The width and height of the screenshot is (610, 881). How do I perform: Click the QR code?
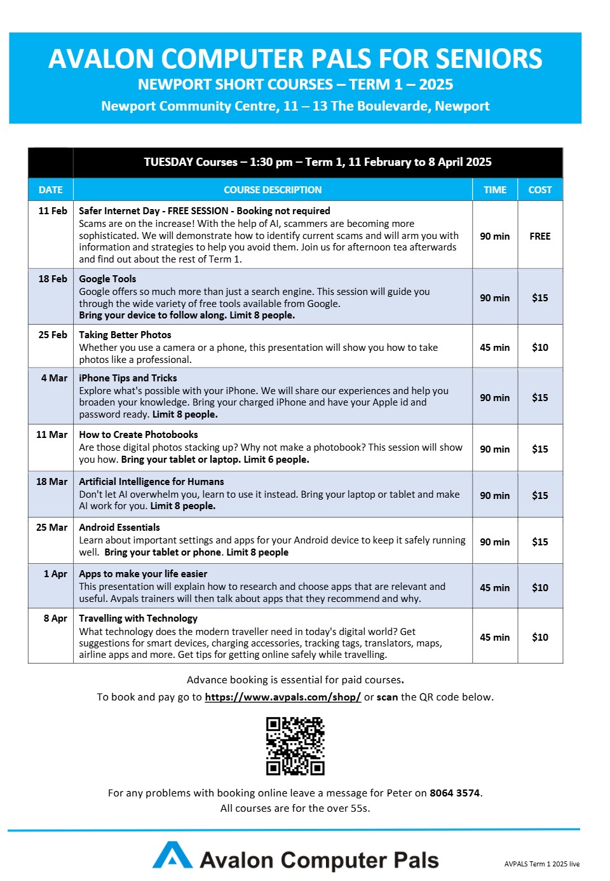click(x=295, y=746)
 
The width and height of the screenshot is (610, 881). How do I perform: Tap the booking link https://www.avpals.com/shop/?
click(x=283, y=697)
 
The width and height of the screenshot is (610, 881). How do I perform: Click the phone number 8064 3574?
click(x=454, y=793)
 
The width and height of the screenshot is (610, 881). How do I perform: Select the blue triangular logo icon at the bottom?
click(x=172, y=856)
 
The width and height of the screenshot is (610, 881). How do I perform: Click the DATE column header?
click(x=51, y=189)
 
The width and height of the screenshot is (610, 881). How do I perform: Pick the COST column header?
click(x=540, y=189)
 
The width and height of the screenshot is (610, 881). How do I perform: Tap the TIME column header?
click(x=495, y=189)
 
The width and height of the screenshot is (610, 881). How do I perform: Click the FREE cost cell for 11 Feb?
click(x=540, y=236)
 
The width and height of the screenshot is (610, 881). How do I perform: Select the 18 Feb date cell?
click(x=53, y=278)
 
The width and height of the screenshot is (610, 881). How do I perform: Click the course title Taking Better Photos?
click(x=125, y=334)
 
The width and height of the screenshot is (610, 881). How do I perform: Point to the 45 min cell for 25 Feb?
click(x=495, y=347)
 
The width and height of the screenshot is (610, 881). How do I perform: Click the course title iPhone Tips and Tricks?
click(x=128, y=378)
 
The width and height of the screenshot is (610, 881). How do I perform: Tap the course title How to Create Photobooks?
click(x=139, y=434)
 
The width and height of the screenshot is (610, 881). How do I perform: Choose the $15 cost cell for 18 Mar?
click(x=540, y=495)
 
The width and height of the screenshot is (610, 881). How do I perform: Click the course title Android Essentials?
click(x=119, y=527)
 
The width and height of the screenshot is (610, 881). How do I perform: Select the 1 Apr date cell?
click(x=55, y=573)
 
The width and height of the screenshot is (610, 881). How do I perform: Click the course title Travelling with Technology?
click(x=138, y=618)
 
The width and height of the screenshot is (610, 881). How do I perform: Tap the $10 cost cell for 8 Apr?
click(x=540, y=637)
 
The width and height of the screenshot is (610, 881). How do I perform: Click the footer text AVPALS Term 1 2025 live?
click(x=542, y=864)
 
